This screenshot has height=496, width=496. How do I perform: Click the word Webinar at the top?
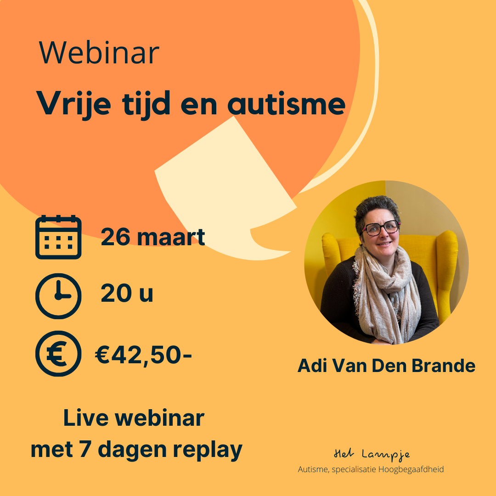(x=99, y=52)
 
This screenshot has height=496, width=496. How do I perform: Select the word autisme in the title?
(x=286, y=103)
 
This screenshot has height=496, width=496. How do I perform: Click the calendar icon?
(x=58, y=237)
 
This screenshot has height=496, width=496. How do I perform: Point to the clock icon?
(x=58, y=296)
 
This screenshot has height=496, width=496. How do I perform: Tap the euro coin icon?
(x=58, y=354)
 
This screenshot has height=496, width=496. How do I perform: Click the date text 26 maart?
(x=153, y=237)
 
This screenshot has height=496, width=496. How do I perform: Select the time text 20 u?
(x=127, y=293)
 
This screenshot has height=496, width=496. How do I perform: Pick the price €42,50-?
(x=143, y=355)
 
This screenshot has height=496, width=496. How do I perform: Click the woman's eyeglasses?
(x=381, y=228)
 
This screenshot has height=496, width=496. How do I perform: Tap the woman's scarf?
(x=386, y=294)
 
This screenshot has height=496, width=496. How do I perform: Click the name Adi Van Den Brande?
(x=386, y=366)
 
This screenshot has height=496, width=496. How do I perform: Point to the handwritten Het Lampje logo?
(x=372, y=455)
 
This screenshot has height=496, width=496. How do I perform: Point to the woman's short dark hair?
(x=377, y=209)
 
